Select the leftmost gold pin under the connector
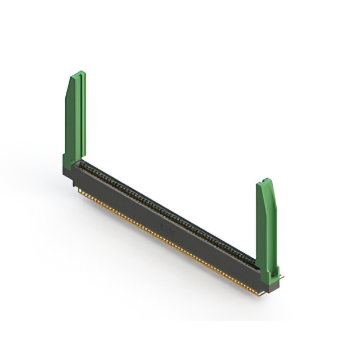[x=79, y=190]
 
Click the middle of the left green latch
[x=75, y=118]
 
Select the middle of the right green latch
[x=266, y=225]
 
